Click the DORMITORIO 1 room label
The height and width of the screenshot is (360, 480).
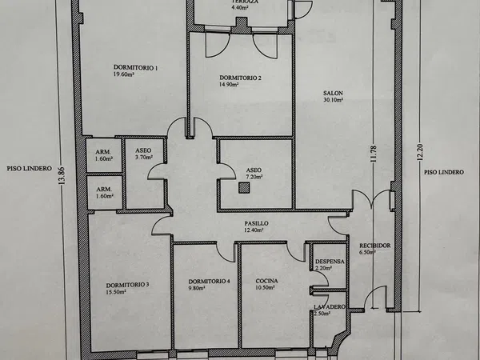[x=136, y=68]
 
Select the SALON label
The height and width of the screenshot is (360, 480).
[x=333, y=93]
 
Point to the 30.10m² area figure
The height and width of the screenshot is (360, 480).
[x=333, y=100]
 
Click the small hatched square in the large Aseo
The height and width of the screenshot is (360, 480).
[x=244, y=188]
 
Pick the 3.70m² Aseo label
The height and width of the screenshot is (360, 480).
[x=144, y=158]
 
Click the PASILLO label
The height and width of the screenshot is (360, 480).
[x=256, y=223]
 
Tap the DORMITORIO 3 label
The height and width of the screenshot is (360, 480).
[x=128, y=285]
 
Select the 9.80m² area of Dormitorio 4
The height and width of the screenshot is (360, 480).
[x=197, y=288]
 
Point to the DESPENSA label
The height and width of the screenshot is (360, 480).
[x=330, y=262]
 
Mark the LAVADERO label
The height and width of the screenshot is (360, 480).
[x=330, y=306]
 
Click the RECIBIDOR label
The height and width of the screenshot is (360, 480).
[x=375, y=246]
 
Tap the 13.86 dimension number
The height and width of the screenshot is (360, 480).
[x=62, y=176]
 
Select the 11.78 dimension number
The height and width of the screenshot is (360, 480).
[x=374, y=154]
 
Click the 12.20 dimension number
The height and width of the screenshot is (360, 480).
[x=420, y=152]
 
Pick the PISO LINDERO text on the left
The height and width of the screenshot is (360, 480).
[x=30, y=169]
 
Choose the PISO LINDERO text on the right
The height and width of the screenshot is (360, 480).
[x=444, y=172]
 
